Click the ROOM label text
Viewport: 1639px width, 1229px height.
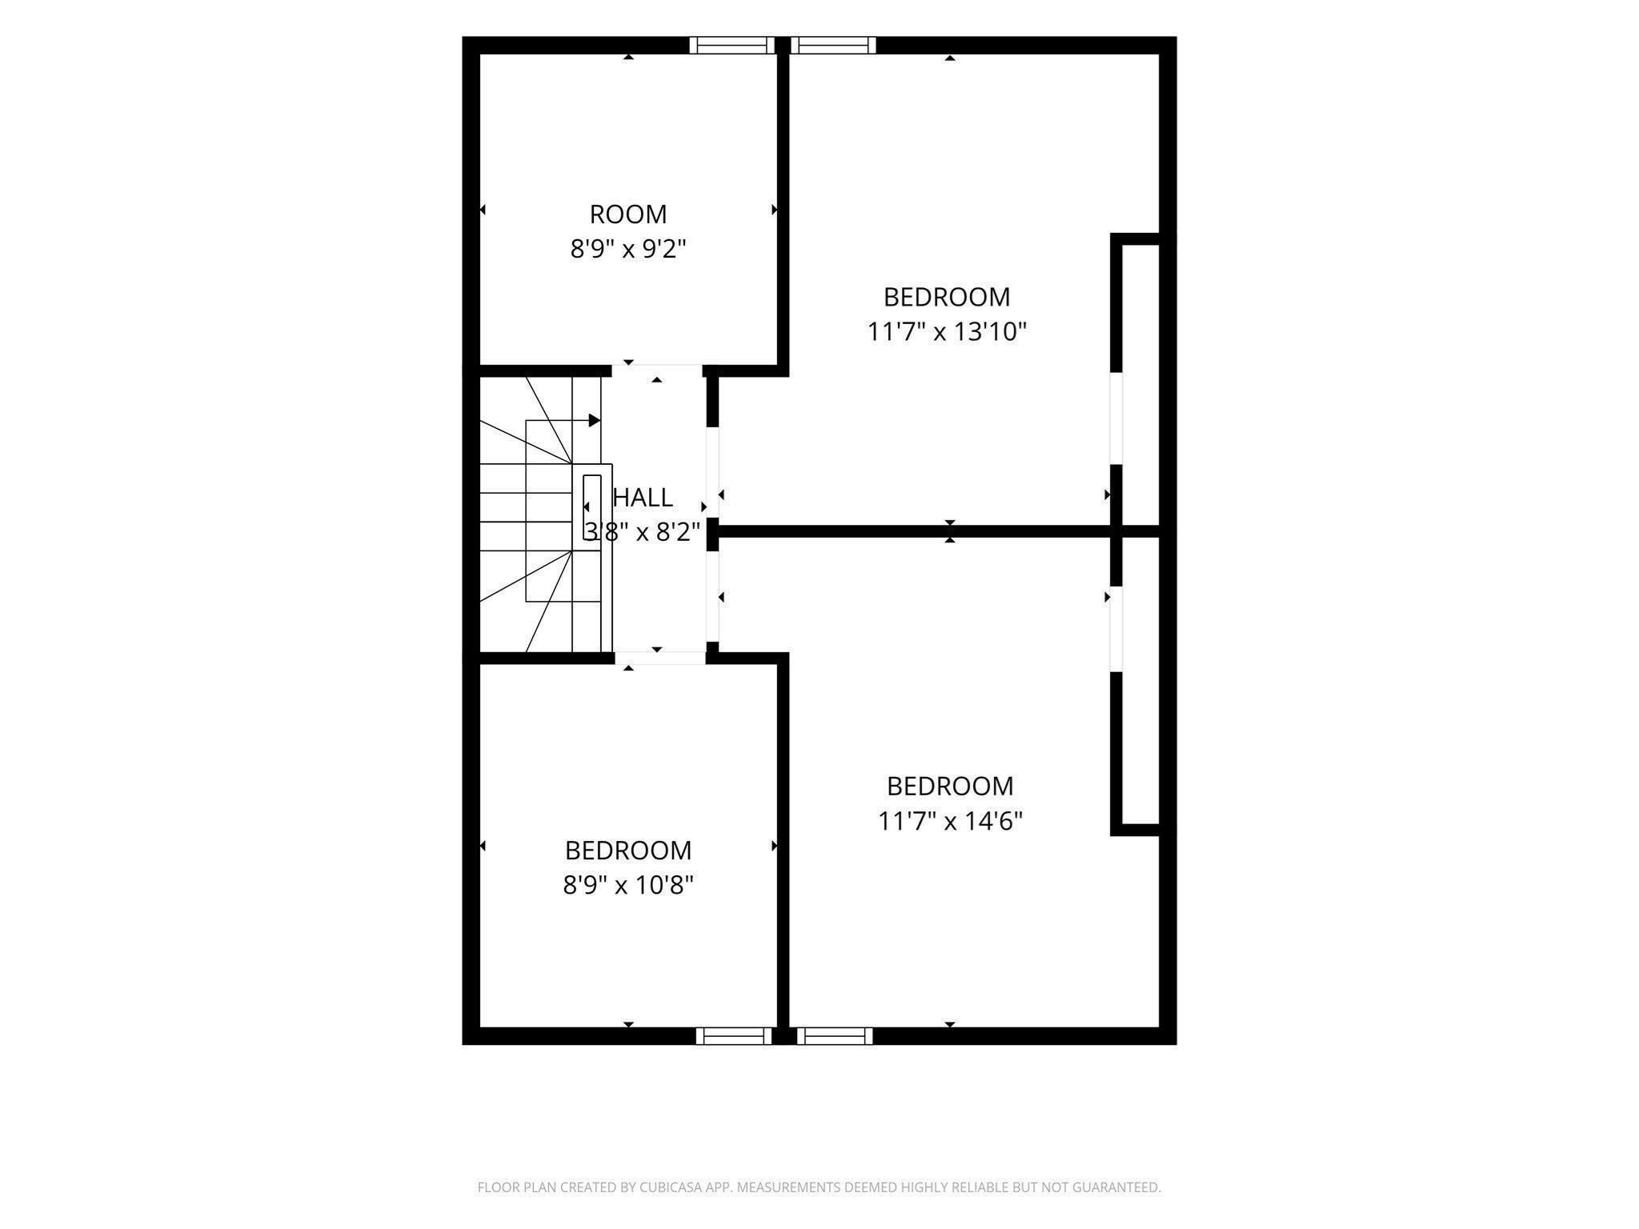[x=628, y=214]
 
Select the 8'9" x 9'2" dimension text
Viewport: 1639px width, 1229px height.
[x=628, y=250]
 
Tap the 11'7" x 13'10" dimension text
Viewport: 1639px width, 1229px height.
[x=947, y=331]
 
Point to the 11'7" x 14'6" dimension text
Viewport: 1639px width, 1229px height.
[x=950, y=821]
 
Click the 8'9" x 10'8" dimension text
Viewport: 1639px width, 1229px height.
[x=628, y=885]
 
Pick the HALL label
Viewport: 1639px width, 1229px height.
[x=643, y=498]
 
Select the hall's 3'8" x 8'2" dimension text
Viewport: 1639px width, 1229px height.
[x=643, y=531]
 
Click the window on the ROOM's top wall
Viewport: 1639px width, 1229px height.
[x=732, y=45]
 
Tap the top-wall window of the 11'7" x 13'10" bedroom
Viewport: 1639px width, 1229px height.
[x=833, y=45]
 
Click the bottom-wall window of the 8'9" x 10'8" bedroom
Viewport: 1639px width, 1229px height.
[x=734, y=1036]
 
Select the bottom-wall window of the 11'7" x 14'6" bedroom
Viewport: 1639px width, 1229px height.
[x=835, y=1036]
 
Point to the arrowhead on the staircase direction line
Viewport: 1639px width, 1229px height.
[x=595, y=420]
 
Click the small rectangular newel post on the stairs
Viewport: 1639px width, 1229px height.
[x=592, y=507]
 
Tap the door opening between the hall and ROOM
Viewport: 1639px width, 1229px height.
[x=657, y=371]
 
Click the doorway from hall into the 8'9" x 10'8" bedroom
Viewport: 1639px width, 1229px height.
[x=660, y=659]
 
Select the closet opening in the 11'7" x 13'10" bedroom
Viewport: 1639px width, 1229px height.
[x=1116, y=418]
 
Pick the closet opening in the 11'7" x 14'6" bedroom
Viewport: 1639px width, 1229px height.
[x=1116, y=630]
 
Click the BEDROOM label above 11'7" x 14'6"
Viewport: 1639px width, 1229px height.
[x=950, y=786]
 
